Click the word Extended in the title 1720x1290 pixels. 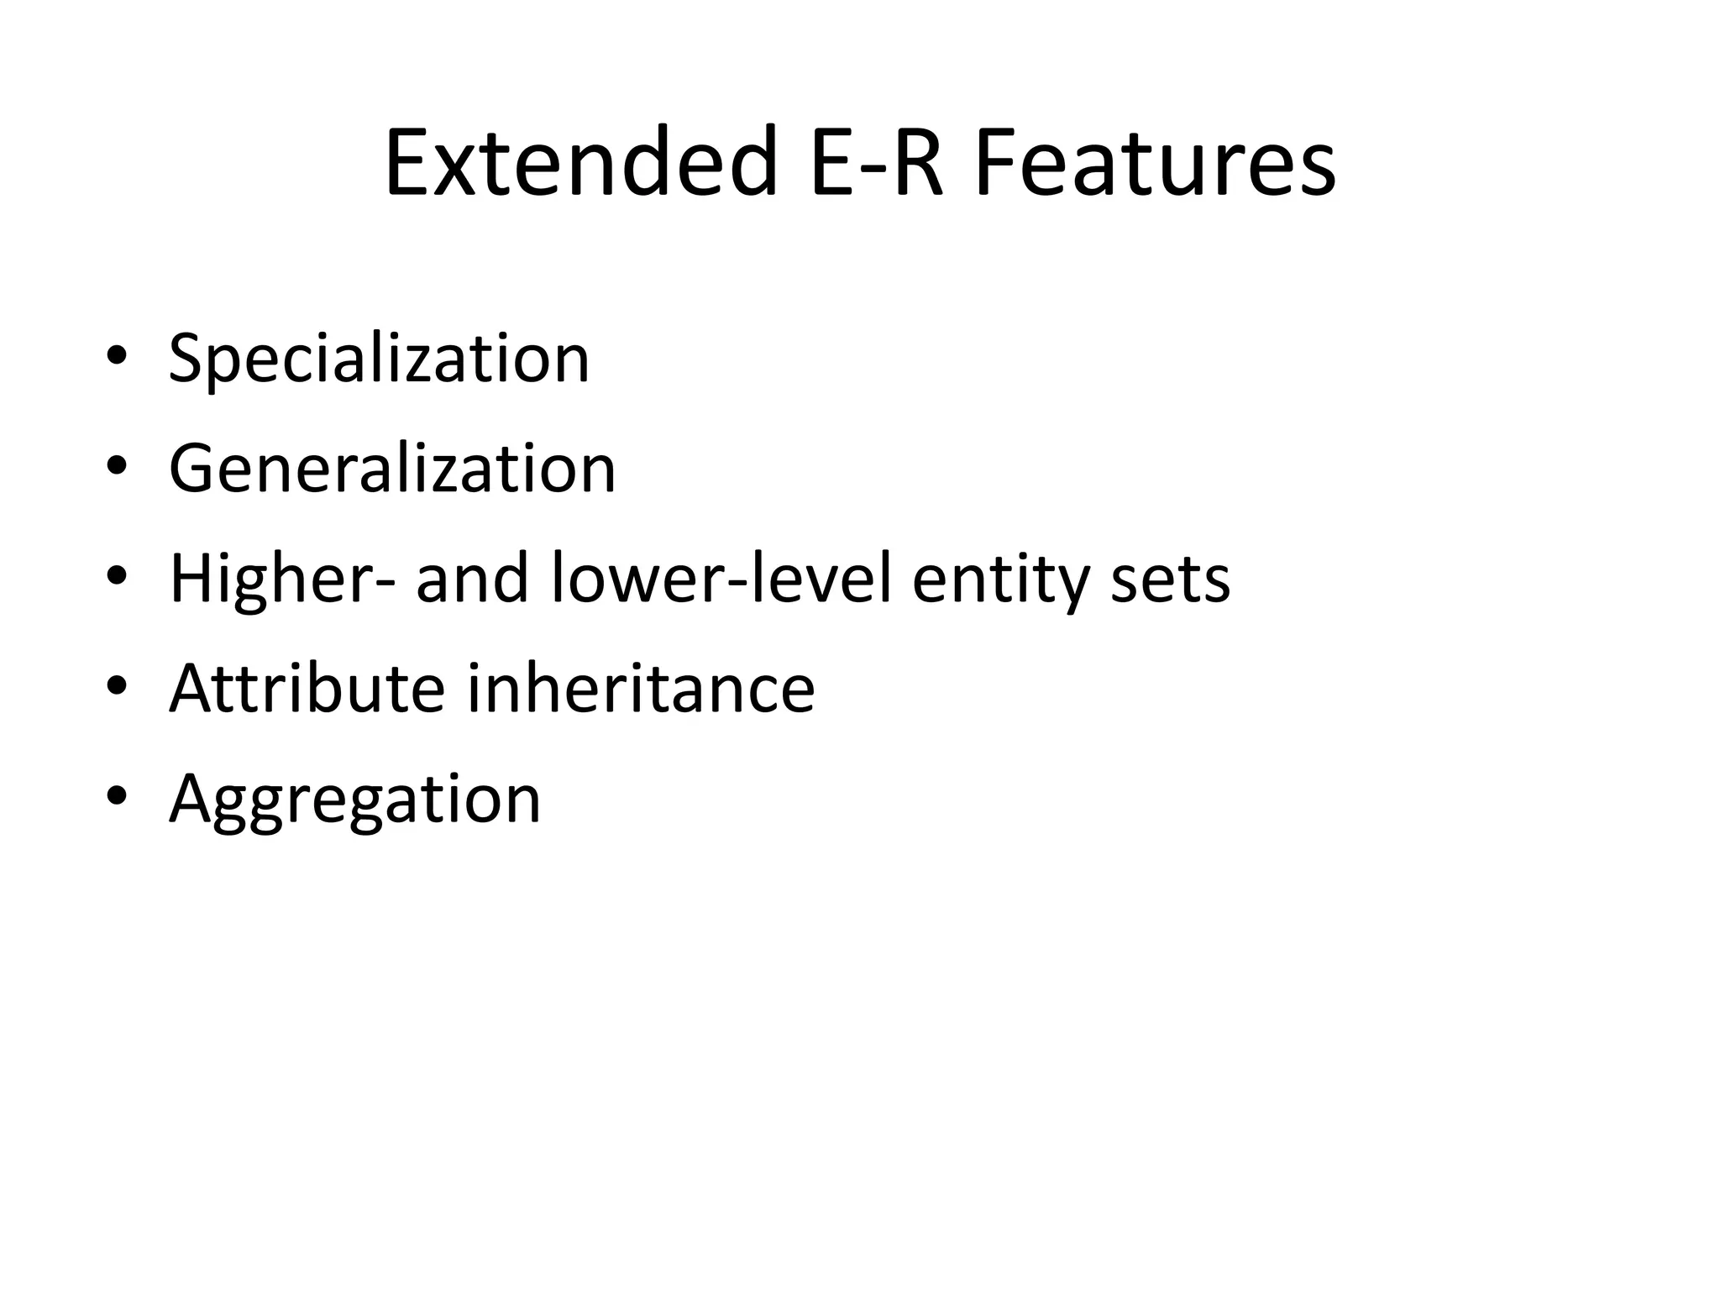coord(580,161)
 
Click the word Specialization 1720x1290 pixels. coord(380,360)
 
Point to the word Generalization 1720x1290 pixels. coord(392,469)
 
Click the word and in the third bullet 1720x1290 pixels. coord(472,579)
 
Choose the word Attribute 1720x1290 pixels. coord(307,689)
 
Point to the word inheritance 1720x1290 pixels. coord(641,689)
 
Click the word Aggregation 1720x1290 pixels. coord(354,800)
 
